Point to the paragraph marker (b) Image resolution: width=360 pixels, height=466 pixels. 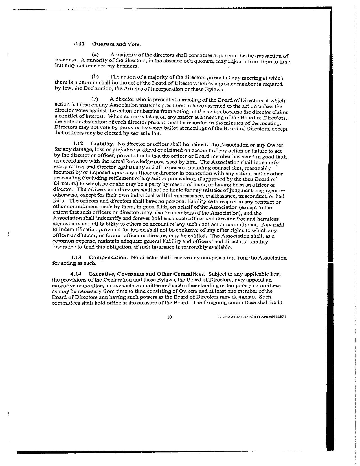tap(95, 77)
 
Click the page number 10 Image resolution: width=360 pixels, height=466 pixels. tap(169, 317)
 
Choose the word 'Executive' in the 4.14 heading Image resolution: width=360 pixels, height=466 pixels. tap(101, 274)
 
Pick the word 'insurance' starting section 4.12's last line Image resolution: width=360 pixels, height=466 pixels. tap(62, 247)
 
